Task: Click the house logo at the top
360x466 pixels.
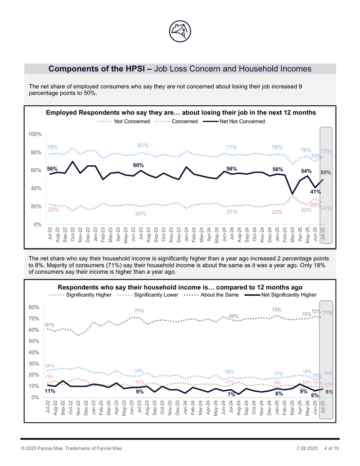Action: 180,31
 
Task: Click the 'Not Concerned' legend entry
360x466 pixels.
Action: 124,121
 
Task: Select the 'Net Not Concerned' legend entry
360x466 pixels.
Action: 234,121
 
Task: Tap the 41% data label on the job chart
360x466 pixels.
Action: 315,192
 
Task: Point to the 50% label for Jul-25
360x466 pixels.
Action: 325,172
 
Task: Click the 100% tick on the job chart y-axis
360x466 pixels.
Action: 35,134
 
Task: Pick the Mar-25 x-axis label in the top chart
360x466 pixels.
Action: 292,235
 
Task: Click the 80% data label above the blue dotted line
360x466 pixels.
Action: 143,145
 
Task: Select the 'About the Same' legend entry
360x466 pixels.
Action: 211,295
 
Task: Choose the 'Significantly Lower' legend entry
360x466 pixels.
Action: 148,295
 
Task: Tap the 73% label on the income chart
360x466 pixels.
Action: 277,310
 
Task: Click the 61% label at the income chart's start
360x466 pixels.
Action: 50,325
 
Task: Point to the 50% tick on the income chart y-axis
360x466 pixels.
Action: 34,341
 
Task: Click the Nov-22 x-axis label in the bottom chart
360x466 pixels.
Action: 78,407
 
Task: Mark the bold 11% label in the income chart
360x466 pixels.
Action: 50,391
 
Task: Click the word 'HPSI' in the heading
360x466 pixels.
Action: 134,68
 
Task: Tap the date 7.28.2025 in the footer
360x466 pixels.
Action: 307,448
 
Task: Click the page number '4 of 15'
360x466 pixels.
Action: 332,448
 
